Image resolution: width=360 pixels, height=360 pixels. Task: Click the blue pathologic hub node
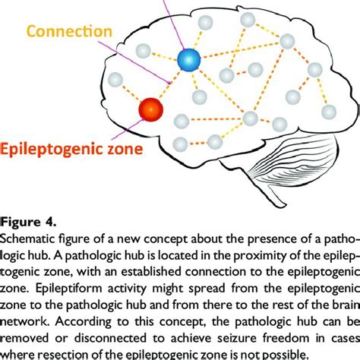[x=188, y=58]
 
